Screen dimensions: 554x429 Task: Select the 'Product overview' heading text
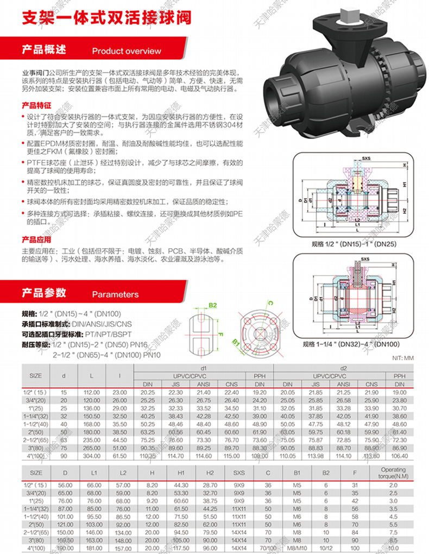tap(127, 51)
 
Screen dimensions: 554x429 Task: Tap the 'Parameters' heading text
tap(115, 294)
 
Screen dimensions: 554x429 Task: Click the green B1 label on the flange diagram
tap(236, 343)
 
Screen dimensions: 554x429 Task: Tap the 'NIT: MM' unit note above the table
tap(402, 358)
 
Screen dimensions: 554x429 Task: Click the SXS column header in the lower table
tap(239, 473)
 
